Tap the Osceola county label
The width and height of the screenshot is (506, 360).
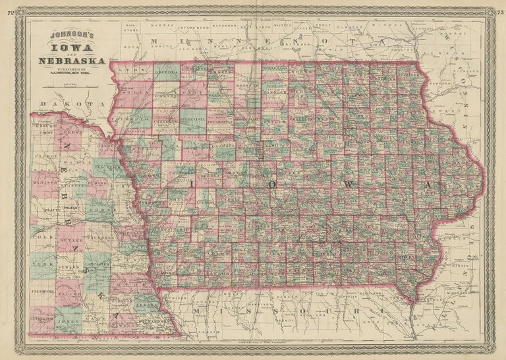click(x=165, y=69)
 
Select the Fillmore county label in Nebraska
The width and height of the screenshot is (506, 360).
click(x=41, y=289)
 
